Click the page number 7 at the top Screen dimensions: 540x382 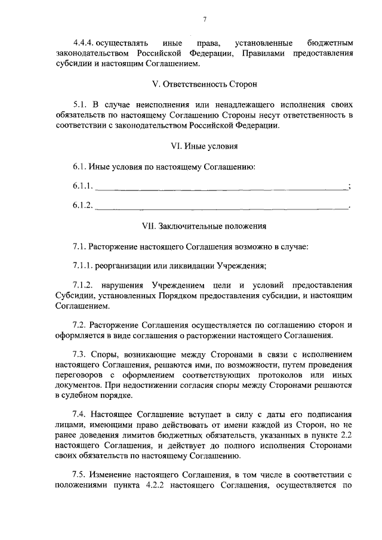coord(204,20)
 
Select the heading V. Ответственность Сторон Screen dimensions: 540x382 coord(204,84)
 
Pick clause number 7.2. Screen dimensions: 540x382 coord(79,325)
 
